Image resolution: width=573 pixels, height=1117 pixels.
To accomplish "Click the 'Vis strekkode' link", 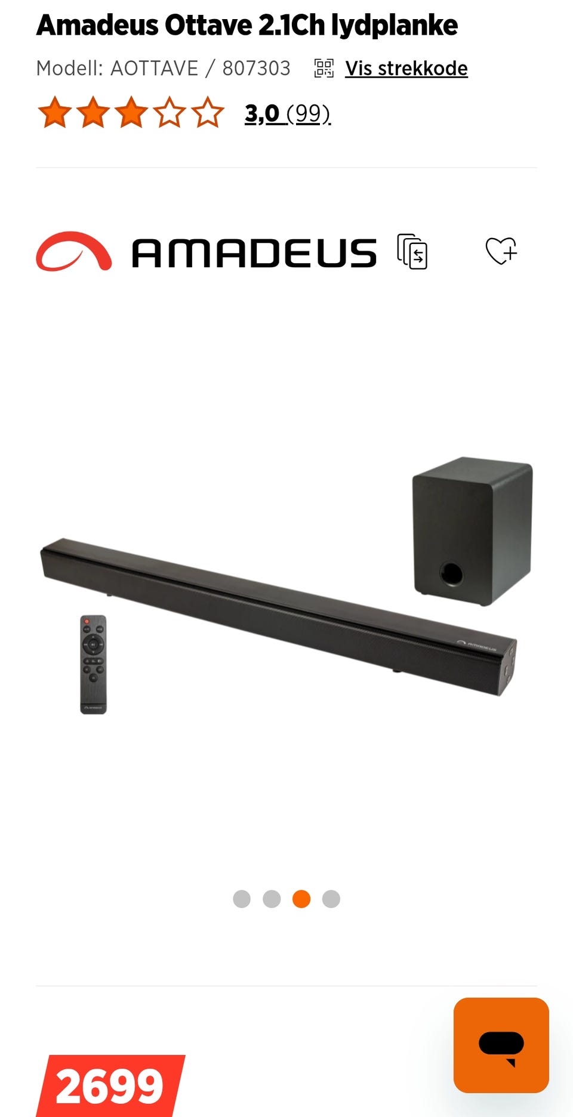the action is click(406, 69).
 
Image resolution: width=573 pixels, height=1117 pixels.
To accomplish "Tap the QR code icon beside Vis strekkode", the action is click(324, 68).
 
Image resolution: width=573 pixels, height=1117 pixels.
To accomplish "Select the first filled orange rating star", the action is click(55, 112).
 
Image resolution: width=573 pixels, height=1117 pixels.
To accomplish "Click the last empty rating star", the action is click(208, 112).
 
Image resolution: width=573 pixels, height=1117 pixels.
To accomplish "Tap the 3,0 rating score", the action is click(262, 113).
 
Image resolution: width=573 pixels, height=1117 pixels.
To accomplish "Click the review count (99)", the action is click(309, 113).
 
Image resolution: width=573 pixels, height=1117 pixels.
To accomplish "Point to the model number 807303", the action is click(256, 69).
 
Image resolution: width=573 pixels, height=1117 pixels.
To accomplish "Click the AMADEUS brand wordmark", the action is click(254, 253).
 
